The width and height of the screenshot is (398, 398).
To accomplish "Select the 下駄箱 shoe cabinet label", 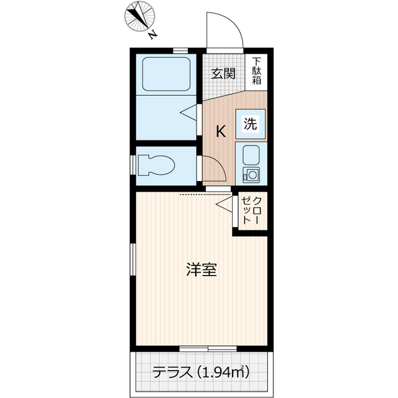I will point(257,71).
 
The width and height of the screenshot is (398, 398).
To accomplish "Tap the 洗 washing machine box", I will point(251,123).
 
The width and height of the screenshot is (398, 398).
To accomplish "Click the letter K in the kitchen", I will point(221,132).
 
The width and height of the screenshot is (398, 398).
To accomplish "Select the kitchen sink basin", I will point(252,154).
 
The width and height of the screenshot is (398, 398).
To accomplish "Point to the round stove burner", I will point(252,174).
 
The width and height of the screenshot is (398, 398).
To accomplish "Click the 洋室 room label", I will point(201,271).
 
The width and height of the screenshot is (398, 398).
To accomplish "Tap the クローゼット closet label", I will point(251,210).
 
